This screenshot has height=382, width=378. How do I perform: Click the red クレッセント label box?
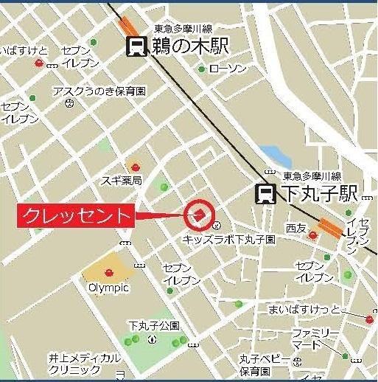pyautogui.click(x=77, y=216)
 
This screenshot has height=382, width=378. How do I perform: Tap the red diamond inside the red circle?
pyautogui.click(x=199, y=215)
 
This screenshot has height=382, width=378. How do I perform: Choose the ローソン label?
pyautogui.click(x=226, y=69)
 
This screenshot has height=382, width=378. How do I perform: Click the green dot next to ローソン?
pyautogui.click(x=202, y=69)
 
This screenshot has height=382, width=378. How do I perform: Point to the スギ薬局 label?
pyautogui.click(x=122, y=180)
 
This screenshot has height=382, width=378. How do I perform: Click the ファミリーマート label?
pyautogui.click(x=315, y=339)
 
